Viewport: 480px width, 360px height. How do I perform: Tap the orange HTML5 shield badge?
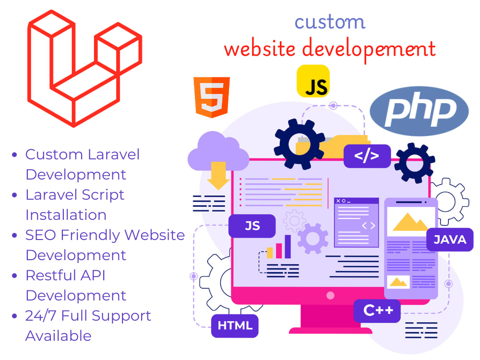click(212, 97)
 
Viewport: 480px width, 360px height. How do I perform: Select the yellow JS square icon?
click(313, 81)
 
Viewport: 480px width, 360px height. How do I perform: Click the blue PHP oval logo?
click(419, 111)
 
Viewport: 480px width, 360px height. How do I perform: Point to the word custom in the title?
click(330, 22)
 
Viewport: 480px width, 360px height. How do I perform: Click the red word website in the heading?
click(260, 48)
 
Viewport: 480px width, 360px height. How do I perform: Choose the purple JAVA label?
click(450, 240)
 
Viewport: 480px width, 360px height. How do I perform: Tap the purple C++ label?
click(377, 311)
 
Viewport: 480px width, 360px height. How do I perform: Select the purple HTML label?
click(235, 326)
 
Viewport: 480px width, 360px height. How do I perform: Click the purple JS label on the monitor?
click(252, 226)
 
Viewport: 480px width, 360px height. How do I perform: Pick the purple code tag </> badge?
click(367, 156)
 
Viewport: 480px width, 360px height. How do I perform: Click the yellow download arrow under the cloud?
click(218, 175)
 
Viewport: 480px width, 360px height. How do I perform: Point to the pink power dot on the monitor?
click(330, 295)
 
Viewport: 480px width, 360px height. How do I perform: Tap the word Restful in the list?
click(50, 275)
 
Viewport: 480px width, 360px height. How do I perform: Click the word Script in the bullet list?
click(103, 195)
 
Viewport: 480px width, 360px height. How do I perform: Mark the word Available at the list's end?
click(59, 336)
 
